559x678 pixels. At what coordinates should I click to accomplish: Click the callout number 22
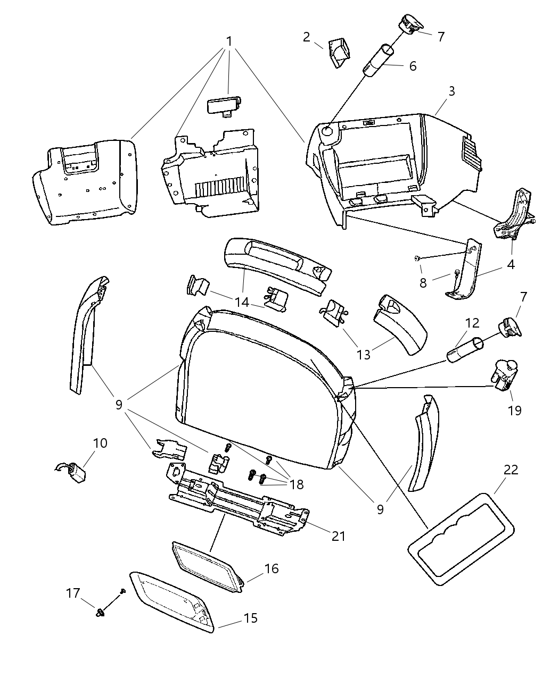pyautogui.click(x=511, y=470)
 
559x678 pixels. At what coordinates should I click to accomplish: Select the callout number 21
pyautogui.click(x=338, y=536)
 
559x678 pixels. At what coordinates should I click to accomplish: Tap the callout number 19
pyautogui.click(x=514, y=410)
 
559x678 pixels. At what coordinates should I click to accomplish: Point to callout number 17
pyautogui.click(x=73, y=592)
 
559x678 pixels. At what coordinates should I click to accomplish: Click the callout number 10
pyautogui.click(x=100, y=443)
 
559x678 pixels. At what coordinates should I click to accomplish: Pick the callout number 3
pyautogui.click(x=451, y=91)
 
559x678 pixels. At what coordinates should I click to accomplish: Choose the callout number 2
pyautogui.click(x=306, y=37)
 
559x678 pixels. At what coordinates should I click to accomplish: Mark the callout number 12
pyautogui.click(x=472, y=323)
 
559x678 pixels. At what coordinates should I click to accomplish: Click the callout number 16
pyautogui.click(x=272, y=568)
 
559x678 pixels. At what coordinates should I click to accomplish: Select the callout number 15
pyautogui.click(x=250, y=618)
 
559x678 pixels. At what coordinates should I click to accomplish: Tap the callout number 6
pyautogui.click(x=413, y=66)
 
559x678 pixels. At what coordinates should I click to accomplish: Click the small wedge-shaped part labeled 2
pyautogui.click(x=339, y=52)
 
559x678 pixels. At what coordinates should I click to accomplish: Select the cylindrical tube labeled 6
pyautogui.click(x=379, y=62)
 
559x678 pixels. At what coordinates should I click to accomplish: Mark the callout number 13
pyautogui.click(x=364, y=354)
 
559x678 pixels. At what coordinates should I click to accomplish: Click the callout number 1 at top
pyautogui.click(x=229, y=41)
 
